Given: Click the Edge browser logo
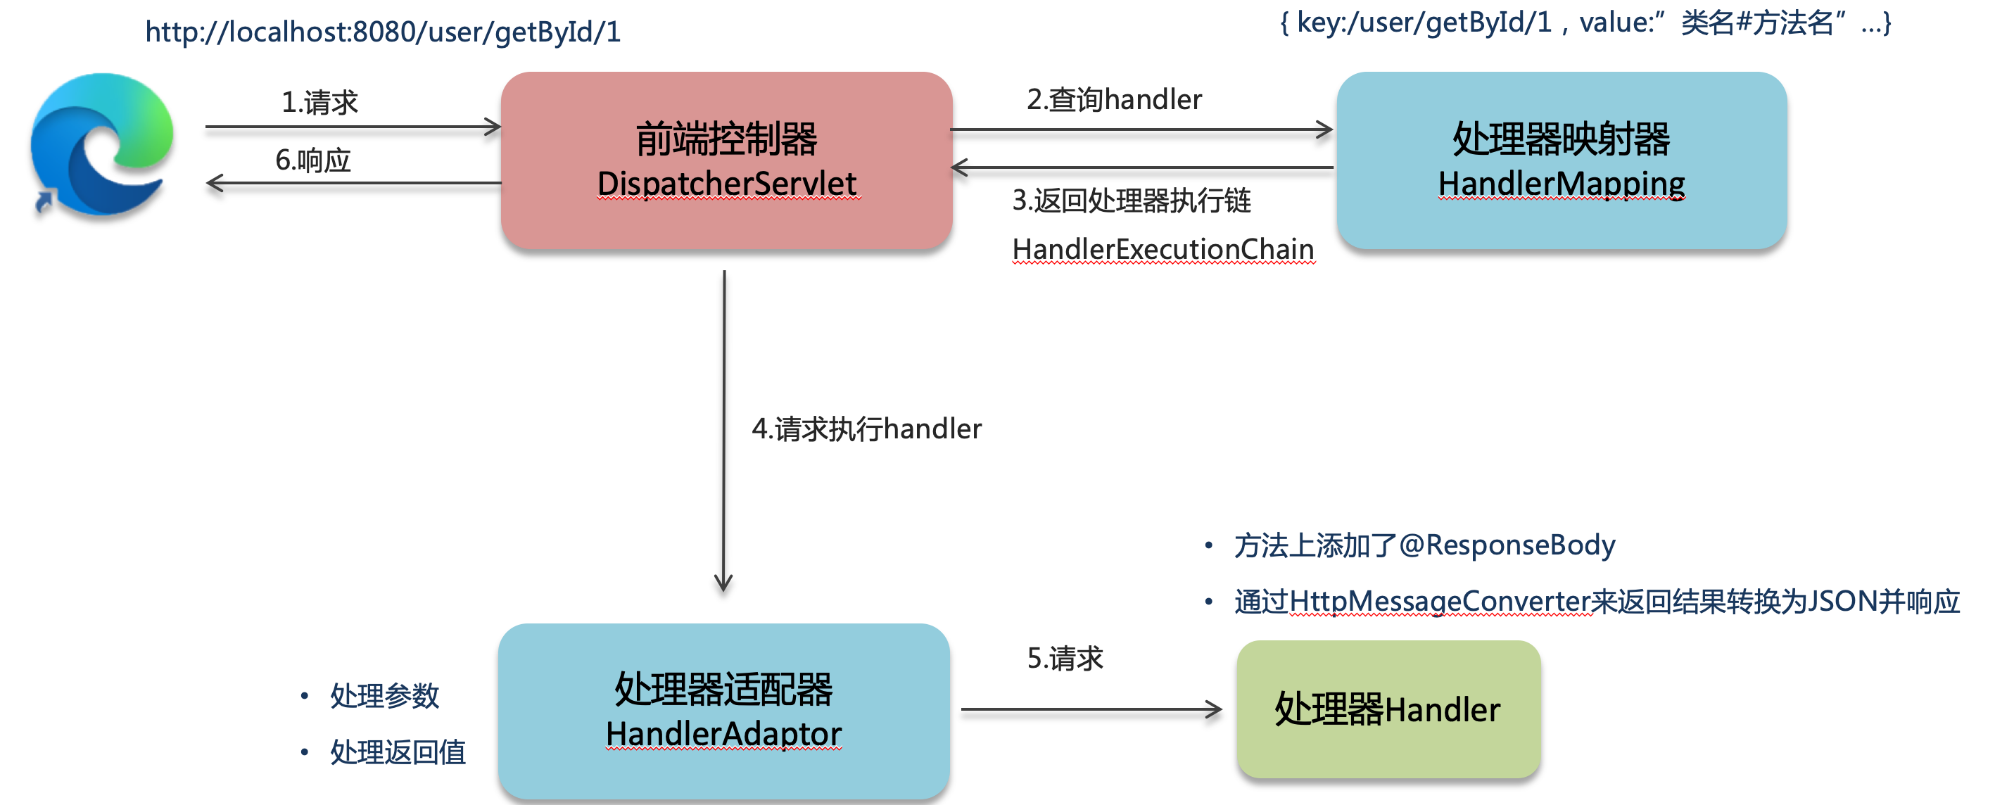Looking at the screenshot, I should (x=101, y=144).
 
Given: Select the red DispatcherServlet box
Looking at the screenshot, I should (x=726, y=160).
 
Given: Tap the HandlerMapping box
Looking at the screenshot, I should (x=1561, y=160).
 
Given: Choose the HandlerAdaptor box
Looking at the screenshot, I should (x=723, y=711).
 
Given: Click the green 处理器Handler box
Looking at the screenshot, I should (x=1388, y=709).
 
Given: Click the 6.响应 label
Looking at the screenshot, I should (x=312, y=160).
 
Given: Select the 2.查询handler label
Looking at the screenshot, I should (x=1113, y=100).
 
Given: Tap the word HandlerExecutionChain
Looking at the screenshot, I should (x=1163, y=249).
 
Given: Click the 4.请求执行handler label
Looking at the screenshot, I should (x=866, y=429).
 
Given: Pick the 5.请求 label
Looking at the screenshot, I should (x=1065, y=659).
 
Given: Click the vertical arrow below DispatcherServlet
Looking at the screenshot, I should (x=724, y=430).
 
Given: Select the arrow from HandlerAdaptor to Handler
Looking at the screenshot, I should (x=1091, y=709).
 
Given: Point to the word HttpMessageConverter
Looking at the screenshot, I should (x=1440, y=601).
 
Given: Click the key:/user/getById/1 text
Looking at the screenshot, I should (x=1424, y=23).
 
